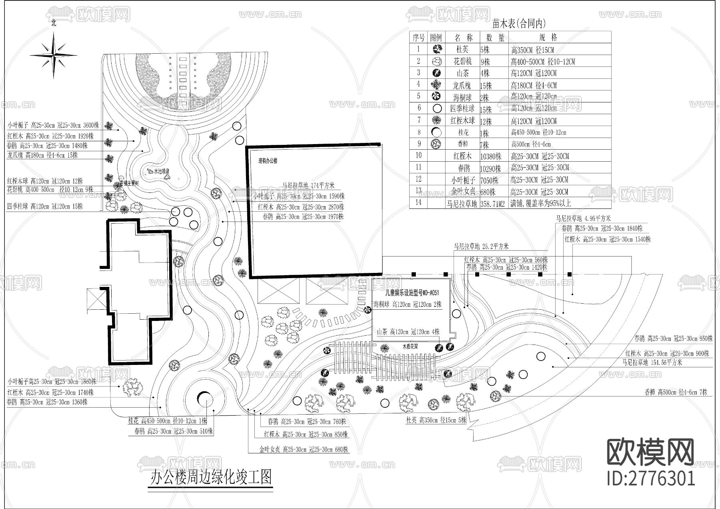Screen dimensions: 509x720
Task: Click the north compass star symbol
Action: (x=54, y=55)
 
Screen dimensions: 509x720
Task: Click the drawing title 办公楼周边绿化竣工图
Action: (x=211, y=477)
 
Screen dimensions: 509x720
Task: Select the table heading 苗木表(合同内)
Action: (x=519, y=24)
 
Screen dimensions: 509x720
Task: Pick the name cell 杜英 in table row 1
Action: (x=462, y=50)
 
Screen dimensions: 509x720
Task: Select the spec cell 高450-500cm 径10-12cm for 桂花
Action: (x=538, y=132)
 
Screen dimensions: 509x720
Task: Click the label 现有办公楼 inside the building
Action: (x=268, y=161)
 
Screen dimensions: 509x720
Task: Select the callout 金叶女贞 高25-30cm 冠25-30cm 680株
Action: (x=304, y=449)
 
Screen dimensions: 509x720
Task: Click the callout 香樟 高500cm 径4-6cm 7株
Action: (x=676, y=392)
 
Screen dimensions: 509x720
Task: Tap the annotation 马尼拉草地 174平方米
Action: (x=308, y=185)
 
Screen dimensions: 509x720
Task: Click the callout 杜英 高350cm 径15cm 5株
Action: (x=436, y=420)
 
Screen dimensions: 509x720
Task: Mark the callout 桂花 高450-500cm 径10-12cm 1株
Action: (x=167, y=421)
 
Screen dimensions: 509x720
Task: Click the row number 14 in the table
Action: (x=418, y=202)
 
